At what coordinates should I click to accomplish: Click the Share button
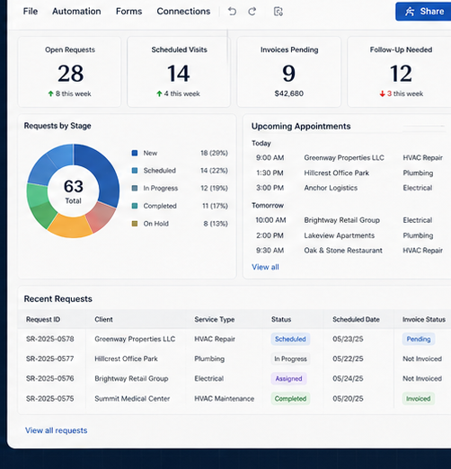point(423,12)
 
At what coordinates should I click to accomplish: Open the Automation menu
point(76,12)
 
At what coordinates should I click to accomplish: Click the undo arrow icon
point(232,12)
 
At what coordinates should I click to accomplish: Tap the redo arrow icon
point(252,12)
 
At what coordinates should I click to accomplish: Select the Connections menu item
point(183,12)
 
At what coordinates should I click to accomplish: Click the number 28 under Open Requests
point(71,74)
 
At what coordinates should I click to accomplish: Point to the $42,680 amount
point(289,93)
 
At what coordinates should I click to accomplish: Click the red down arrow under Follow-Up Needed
point(382,94)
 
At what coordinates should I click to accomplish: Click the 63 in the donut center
point(74,186)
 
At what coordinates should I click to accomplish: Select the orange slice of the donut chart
point(70,226)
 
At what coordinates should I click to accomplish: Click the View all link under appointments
point(265,267)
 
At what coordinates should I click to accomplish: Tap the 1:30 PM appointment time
point(270,173)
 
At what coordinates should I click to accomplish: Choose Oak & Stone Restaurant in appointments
point(343,251)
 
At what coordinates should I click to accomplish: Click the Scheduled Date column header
point(356,320)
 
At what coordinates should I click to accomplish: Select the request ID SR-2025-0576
point(50,378)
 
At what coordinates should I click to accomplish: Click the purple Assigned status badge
point(288,378)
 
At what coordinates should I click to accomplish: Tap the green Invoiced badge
point(419,399)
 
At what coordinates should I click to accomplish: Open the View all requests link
point(57,430)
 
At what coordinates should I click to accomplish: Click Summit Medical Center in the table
point(132,399)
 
